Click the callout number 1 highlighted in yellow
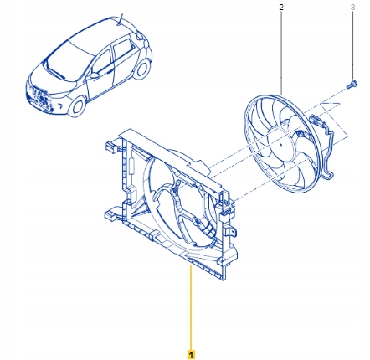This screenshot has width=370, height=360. pyautogui.click(x=193, y=342)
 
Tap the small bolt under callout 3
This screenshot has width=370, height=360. pyautogui.click(x=352, y=85)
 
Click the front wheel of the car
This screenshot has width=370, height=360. pyautogui.click(x=78, y=106)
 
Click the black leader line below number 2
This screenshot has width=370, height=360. pyautogui.click(x=280, y=50)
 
